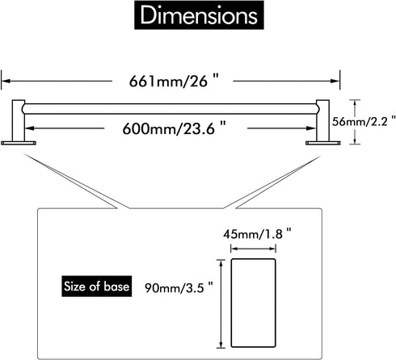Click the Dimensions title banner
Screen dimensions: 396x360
pyautogui.click(x=199, y=15)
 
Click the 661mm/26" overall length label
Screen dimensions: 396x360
pyautogui.click(x=174, y=81)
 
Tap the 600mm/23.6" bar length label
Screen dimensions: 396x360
pyautogui.click(x=175, y=128)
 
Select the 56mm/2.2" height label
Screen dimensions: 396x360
pyautogui.click(x=364, y=122)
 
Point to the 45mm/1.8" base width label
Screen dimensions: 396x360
pyautogui.click(x=257, y=234)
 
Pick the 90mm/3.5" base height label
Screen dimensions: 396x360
pyautogui.click(x=179, y=287)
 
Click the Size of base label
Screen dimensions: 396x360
pyautogui.click(x=97, y=287)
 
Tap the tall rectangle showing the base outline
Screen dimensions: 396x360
pyautogui.click(x=253, y=303)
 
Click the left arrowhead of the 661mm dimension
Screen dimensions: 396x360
pyautogui.click(x=6, y=81)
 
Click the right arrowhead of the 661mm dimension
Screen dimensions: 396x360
pyautogui.click(x=335, y=81)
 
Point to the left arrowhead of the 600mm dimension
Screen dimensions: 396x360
pyautogui.click(x=30, y=128)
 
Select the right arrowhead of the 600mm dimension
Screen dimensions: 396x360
pyautogui.click(x=311, y=128)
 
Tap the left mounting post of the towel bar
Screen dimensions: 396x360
pyautogui.click(x=19, y=120)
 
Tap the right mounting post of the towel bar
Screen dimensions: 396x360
pyautogui.click(x=322, y=120)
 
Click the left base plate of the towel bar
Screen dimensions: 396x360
pyautogui.click(x=19, y=143)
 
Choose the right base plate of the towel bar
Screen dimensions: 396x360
pyautogui.click(x=323, y=143)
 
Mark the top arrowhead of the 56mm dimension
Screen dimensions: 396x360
pyautogui.click(x=355, y=104)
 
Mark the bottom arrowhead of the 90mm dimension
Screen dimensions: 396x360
pyautogui.click(x=221, y=344)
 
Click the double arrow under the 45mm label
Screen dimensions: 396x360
pyautogui.click(x=253, y=249)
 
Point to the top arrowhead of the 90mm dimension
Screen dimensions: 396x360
pyautogui.click(x=221, y=264)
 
